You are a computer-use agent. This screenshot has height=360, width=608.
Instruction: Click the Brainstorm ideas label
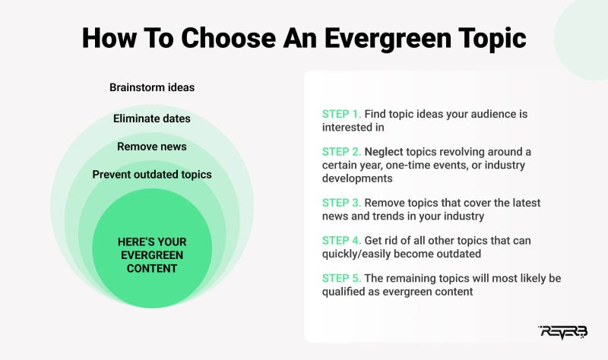point(152,87)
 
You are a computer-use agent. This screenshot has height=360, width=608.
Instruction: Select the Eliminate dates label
point(152,118)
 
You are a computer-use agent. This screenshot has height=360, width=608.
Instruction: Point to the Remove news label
point(152,147)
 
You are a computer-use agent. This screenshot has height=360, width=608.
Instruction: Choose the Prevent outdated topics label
point(152,175)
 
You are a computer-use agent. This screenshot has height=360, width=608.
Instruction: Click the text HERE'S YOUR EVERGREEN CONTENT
point(152,254)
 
